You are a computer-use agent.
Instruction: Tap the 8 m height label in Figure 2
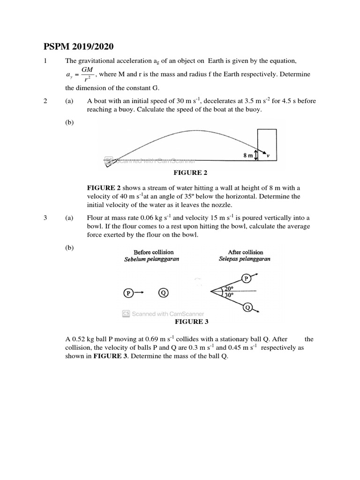[248, 155]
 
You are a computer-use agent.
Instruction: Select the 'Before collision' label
[153, 252]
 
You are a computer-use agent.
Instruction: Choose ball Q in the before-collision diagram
[163, 292]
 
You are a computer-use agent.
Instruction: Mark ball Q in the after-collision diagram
[247, 307]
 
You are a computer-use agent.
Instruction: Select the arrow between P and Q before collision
[140, 292]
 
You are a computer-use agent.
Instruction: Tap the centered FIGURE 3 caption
[191, 322]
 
